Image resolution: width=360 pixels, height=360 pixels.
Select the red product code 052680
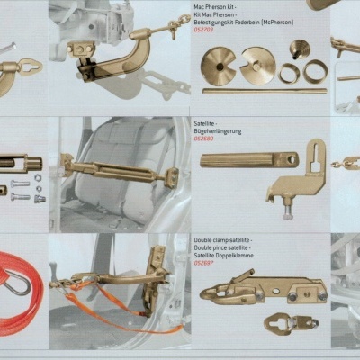[204, 139]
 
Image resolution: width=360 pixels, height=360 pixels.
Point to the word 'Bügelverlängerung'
[218, 131]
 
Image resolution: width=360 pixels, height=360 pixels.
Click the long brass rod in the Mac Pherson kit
[263, 90]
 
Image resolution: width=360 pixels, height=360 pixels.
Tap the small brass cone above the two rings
[290, 53]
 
